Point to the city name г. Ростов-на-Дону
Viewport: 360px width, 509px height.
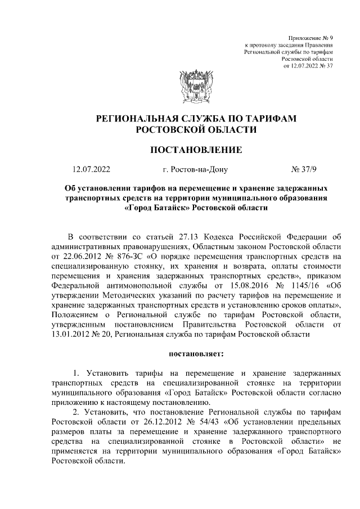(195, 169)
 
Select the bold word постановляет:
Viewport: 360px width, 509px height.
(195, 354)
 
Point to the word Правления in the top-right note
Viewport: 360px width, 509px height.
(319, 43)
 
